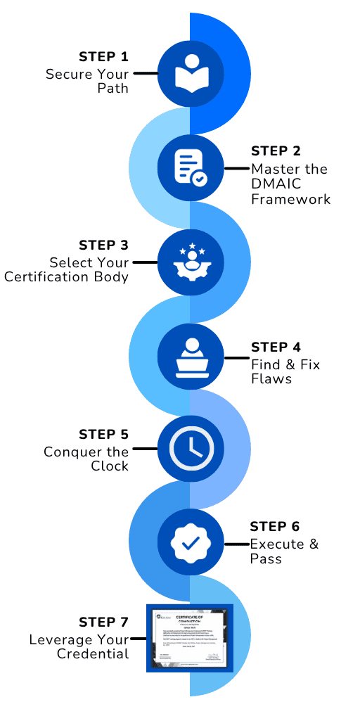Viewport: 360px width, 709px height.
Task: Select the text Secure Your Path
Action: tap(87, 82)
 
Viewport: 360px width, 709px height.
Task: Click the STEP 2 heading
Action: tap(276, 151)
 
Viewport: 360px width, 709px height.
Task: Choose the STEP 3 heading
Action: tap(103, 245)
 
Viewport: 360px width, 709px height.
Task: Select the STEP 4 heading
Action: tap(276, 347)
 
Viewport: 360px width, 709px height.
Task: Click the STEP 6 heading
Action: tap(275, 527)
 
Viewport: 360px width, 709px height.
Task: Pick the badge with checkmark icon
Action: tap(189, 543)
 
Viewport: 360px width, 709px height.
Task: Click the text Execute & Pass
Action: tap(283, 551)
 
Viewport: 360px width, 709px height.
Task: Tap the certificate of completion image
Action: tap(189, 637)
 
